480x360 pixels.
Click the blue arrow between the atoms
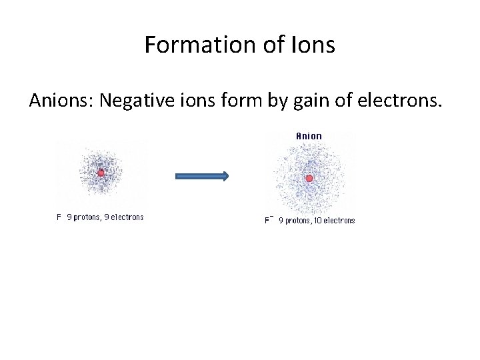(202, 177)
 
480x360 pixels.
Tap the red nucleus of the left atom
(101, 173)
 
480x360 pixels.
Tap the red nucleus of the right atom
(309, 178)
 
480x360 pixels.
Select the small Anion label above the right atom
(309, 136)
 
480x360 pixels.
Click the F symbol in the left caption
(59, 217)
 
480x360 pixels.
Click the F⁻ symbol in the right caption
(269, 220)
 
